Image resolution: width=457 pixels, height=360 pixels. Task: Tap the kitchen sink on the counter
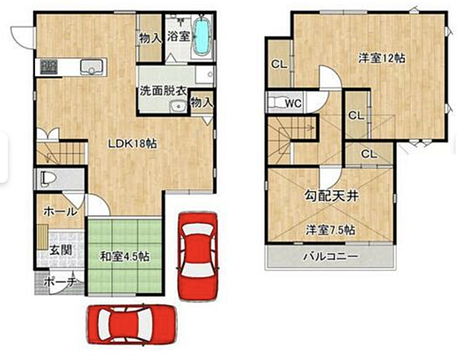[92, 67]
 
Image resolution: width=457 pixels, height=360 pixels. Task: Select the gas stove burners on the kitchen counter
[49, 67]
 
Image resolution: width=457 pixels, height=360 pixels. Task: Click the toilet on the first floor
[47, 177]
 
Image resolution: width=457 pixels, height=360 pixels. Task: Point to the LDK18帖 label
[133, 144]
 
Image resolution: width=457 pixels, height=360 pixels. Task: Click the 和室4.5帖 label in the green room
[125, 256]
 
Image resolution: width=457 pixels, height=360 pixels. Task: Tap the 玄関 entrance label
[61, 250]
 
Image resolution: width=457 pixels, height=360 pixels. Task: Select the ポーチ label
[61, 282]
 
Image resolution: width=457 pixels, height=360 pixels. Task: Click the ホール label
[61, 211]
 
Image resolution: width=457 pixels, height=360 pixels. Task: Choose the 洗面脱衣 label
[163, 91]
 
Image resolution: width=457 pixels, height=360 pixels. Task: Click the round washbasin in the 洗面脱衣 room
[178, 107]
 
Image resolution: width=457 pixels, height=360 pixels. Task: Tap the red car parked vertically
[197, 256]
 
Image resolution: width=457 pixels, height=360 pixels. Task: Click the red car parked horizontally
[132, 324]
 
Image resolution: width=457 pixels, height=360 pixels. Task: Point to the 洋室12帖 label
[382, 59]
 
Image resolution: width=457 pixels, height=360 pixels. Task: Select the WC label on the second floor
[293, 103]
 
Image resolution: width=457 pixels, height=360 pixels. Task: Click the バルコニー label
[331, 256]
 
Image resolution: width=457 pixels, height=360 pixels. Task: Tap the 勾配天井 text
[331, 196]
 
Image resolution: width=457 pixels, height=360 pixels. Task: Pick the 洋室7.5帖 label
[331, 230]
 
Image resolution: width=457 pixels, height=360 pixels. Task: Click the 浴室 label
[178, 36]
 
